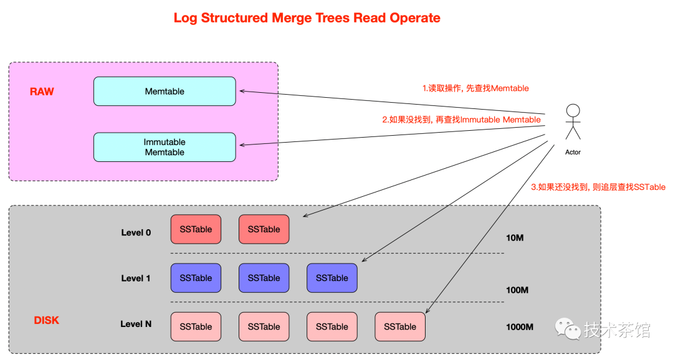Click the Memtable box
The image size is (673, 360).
tap(165, 91)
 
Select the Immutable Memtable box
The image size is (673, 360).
tap(165, 147)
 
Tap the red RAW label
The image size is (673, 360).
tap(42, 92)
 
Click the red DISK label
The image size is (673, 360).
tap(46, 320)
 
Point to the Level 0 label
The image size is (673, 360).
tap(136, 232)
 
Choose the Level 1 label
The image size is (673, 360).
tap(136, 278)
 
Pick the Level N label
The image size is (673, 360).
tap(136, 324)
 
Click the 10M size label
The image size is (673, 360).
tap(515, 237)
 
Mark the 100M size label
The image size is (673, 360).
tap(517, 290)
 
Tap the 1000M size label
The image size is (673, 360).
tap(520, 327)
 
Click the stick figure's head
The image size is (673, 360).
tap(573, 111)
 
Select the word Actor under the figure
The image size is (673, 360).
tap(573, 152)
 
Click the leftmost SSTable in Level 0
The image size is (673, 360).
tap(196, 229)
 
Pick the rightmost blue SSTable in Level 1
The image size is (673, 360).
tap(332, 278)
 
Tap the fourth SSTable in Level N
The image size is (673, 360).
tap(399, 326)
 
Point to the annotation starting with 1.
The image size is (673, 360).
tap(475, 88)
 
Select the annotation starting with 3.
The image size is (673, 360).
tap(598, 187)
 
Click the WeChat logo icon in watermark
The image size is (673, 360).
tap(567, 328)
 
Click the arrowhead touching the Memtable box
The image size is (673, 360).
tap(242, 92)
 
